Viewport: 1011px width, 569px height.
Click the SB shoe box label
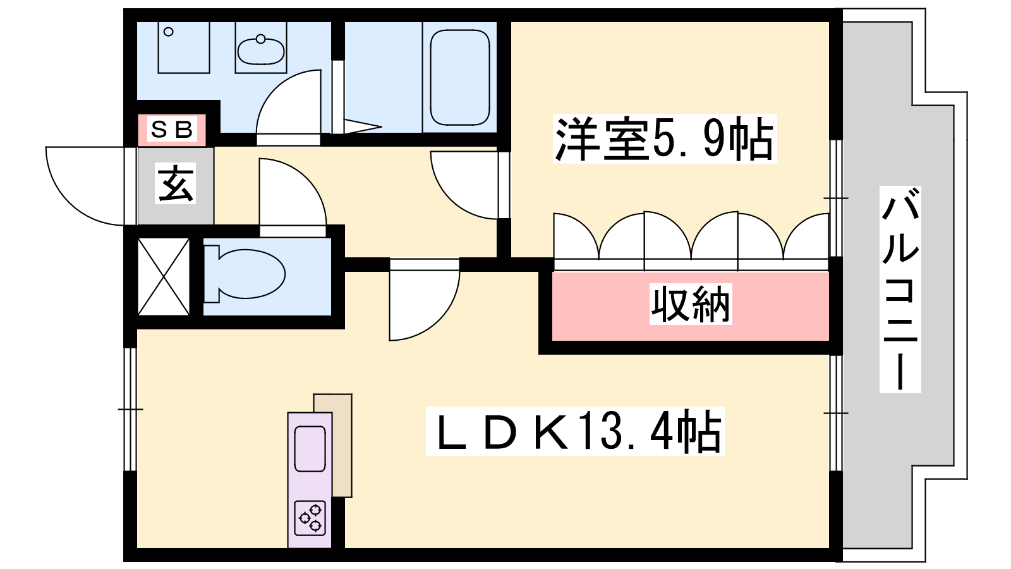[x=172, y=130]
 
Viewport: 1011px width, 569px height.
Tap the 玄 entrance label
[x=176, y=184]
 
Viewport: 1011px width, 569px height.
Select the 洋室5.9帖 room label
[x=664, y=139]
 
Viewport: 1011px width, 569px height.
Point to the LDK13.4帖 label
[x=576, y=432]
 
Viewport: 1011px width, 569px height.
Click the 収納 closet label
[x=691, y=305]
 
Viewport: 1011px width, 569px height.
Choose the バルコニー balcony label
[x=900, y=289]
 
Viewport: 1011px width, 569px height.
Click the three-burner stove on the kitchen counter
[x=311, y=517]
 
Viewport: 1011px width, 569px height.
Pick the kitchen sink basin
[x=310, y=448]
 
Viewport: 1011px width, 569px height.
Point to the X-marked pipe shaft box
[x=164, y=276]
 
